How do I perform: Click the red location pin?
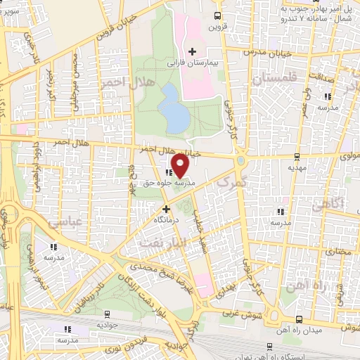(x=180, y=166)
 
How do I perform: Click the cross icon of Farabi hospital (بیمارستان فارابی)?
(x=192, y=51)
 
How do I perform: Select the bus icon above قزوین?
(x=217, y=15)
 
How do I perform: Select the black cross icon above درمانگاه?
(x=167, y=209)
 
